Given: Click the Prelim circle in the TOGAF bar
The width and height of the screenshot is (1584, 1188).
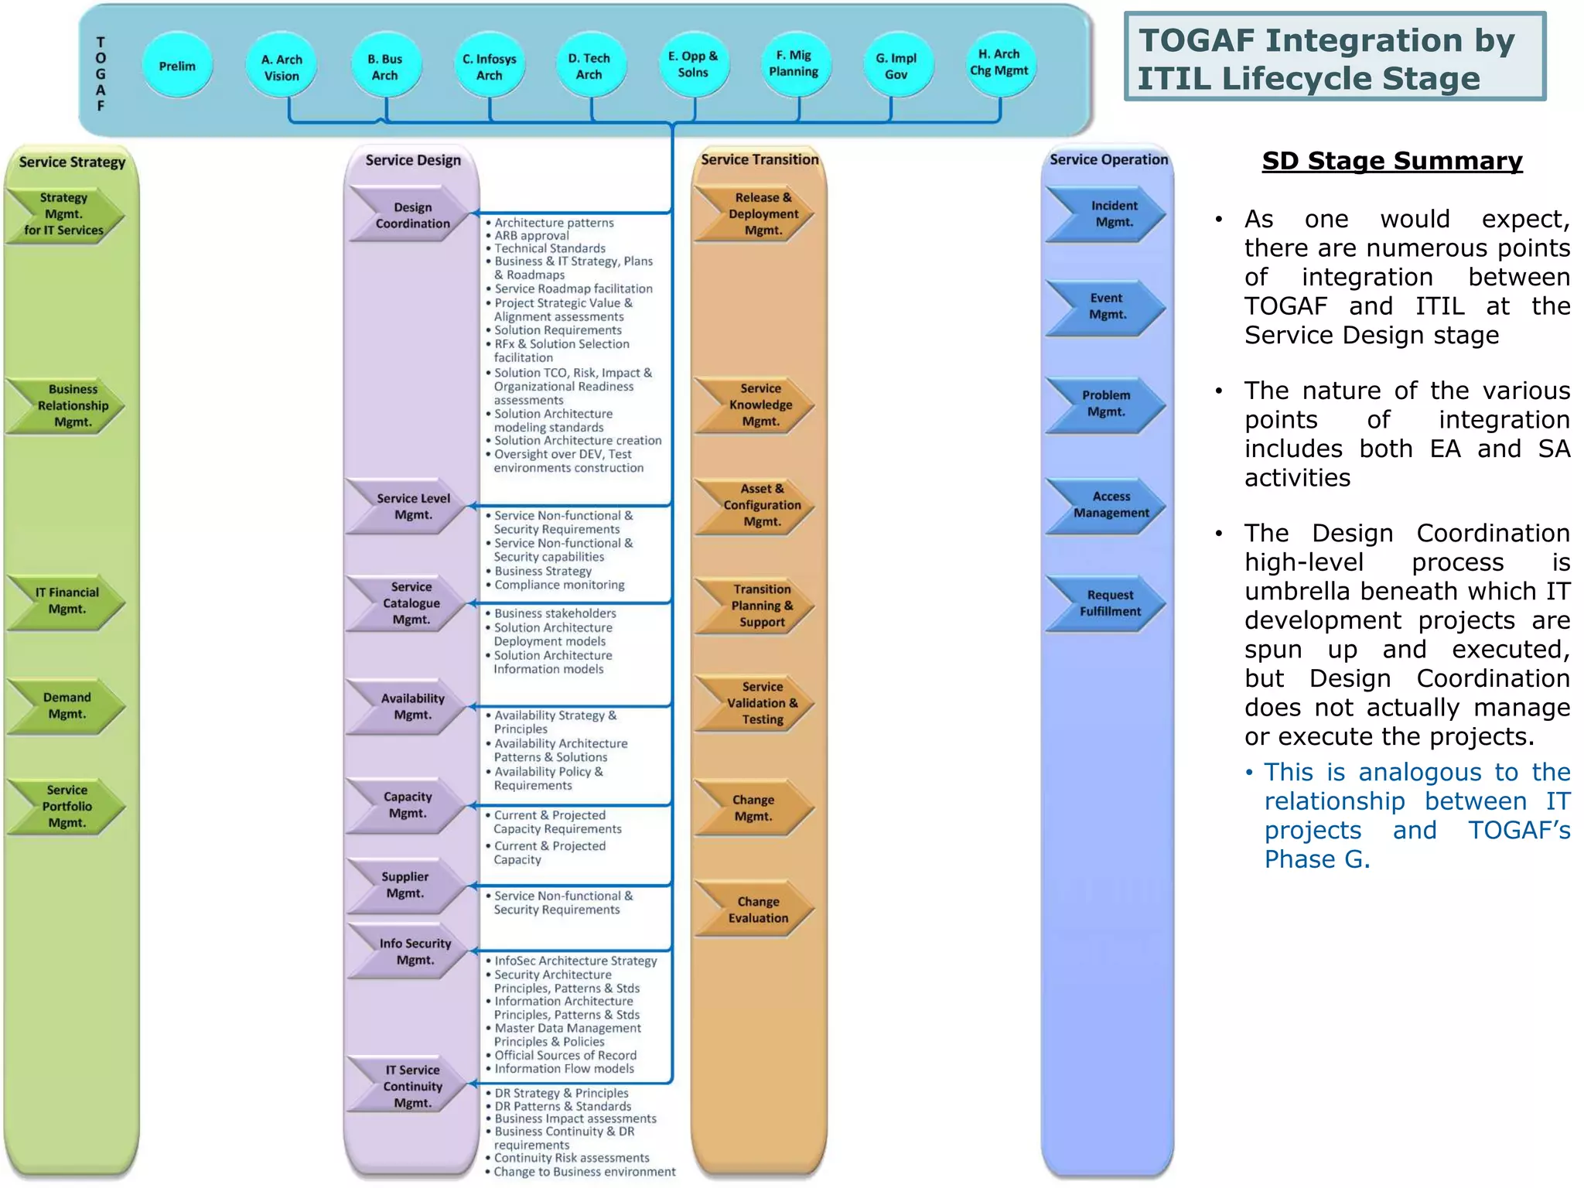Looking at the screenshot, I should pos(177,66).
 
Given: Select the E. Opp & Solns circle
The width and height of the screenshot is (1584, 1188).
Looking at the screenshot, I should pos(693,64).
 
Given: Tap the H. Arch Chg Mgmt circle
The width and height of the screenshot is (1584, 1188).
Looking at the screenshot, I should pos(999,63).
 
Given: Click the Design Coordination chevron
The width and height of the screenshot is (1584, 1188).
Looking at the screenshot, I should pos(411,215).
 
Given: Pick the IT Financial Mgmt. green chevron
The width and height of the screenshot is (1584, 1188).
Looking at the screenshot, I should pos(67,601).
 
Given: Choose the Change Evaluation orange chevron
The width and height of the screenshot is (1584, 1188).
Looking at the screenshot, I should pos(757,910).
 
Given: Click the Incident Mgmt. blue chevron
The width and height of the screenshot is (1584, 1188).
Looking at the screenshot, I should pos(1112,213).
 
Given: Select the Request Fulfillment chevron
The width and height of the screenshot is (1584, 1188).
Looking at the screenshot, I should pos(1109,603).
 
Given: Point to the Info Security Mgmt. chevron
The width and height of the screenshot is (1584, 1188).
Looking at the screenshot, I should pos(414,951).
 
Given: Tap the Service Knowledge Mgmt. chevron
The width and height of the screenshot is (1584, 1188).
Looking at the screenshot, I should pos(760,405).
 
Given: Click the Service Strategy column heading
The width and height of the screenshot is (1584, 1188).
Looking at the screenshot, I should pos(72,162).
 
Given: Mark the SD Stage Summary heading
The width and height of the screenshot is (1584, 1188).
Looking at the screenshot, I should pos(1391,161).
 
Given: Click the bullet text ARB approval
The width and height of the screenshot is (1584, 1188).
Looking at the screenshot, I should pos(531,236).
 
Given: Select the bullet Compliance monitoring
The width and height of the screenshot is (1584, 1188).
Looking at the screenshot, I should pos(559,585).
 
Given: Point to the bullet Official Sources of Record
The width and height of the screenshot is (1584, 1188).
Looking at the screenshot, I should pos(565,1055).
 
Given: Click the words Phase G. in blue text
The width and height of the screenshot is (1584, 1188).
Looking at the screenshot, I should pos(1316,859).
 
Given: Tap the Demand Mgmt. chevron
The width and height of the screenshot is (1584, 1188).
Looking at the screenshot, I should pos(67,705).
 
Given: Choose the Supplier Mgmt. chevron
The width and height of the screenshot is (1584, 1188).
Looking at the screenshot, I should pos(405,885).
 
